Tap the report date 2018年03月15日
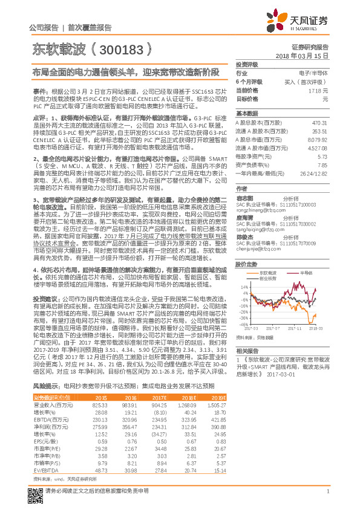(x=306, y=55)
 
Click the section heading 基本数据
(x=247, y=114)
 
